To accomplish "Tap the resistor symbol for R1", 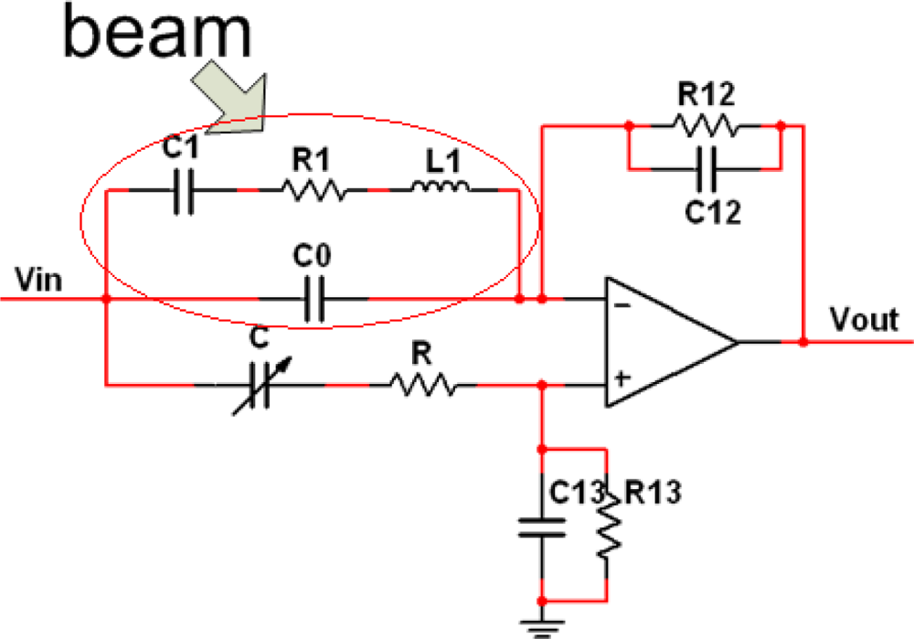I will click(x=313, y=190).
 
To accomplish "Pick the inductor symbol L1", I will click(x=441, y=188).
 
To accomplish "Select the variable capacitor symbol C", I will click(x=260, y=385).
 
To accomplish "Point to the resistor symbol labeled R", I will click(x=422, y=385).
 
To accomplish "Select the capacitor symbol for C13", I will click(x=542, y=527).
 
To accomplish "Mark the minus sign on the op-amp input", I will click(x=621, y=305).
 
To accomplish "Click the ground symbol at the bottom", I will click(x=542, y=626).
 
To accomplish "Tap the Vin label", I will click(x=38, y=278).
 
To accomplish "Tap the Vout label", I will click(x=864, y=320).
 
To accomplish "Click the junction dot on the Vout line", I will click(x=803, y=342).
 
